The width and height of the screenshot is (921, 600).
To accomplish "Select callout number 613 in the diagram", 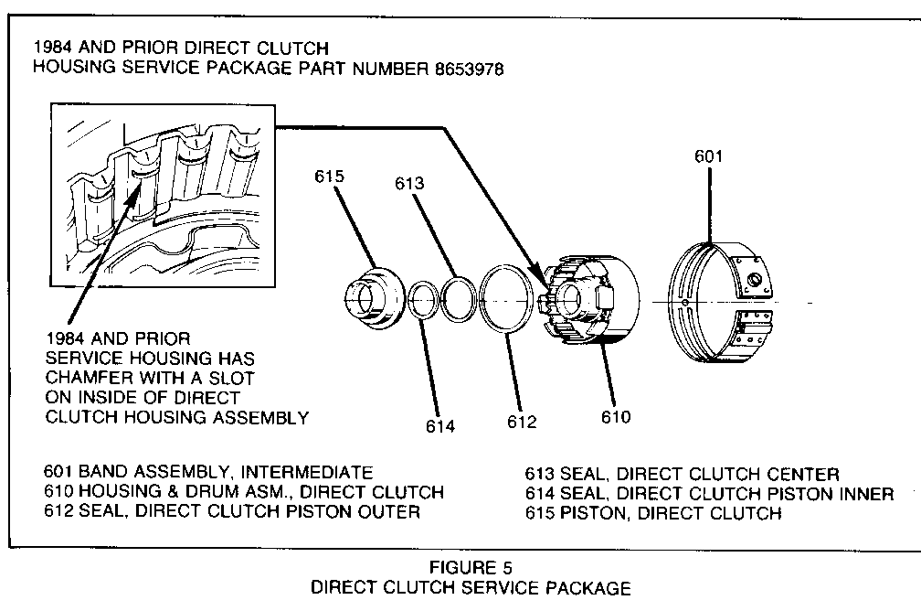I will click(x=409, y=184).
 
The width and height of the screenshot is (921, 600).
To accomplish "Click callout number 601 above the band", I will click(x=708, y=155).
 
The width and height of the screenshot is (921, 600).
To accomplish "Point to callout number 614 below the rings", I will click(x=439, y=425).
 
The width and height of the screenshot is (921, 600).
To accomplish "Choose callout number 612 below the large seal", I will click(x=522, y=422).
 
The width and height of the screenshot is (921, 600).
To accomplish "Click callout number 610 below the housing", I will click(x=615, y=417).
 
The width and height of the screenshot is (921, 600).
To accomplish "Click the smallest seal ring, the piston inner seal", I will click(x=422, y=303).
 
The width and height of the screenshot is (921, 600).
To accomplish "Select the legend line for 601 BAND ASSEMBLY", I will click(x=208, y=473).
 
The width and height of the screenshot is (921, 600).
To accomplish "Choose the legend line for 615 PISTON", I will click(x=652, y=513).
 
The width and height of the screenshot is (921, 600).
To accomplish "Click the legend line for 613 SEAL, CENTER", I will click(x=681, y=474).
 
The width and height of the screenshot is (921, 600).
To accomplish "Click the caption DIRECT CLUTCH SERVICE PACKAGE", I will click(x=471, y=587).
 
